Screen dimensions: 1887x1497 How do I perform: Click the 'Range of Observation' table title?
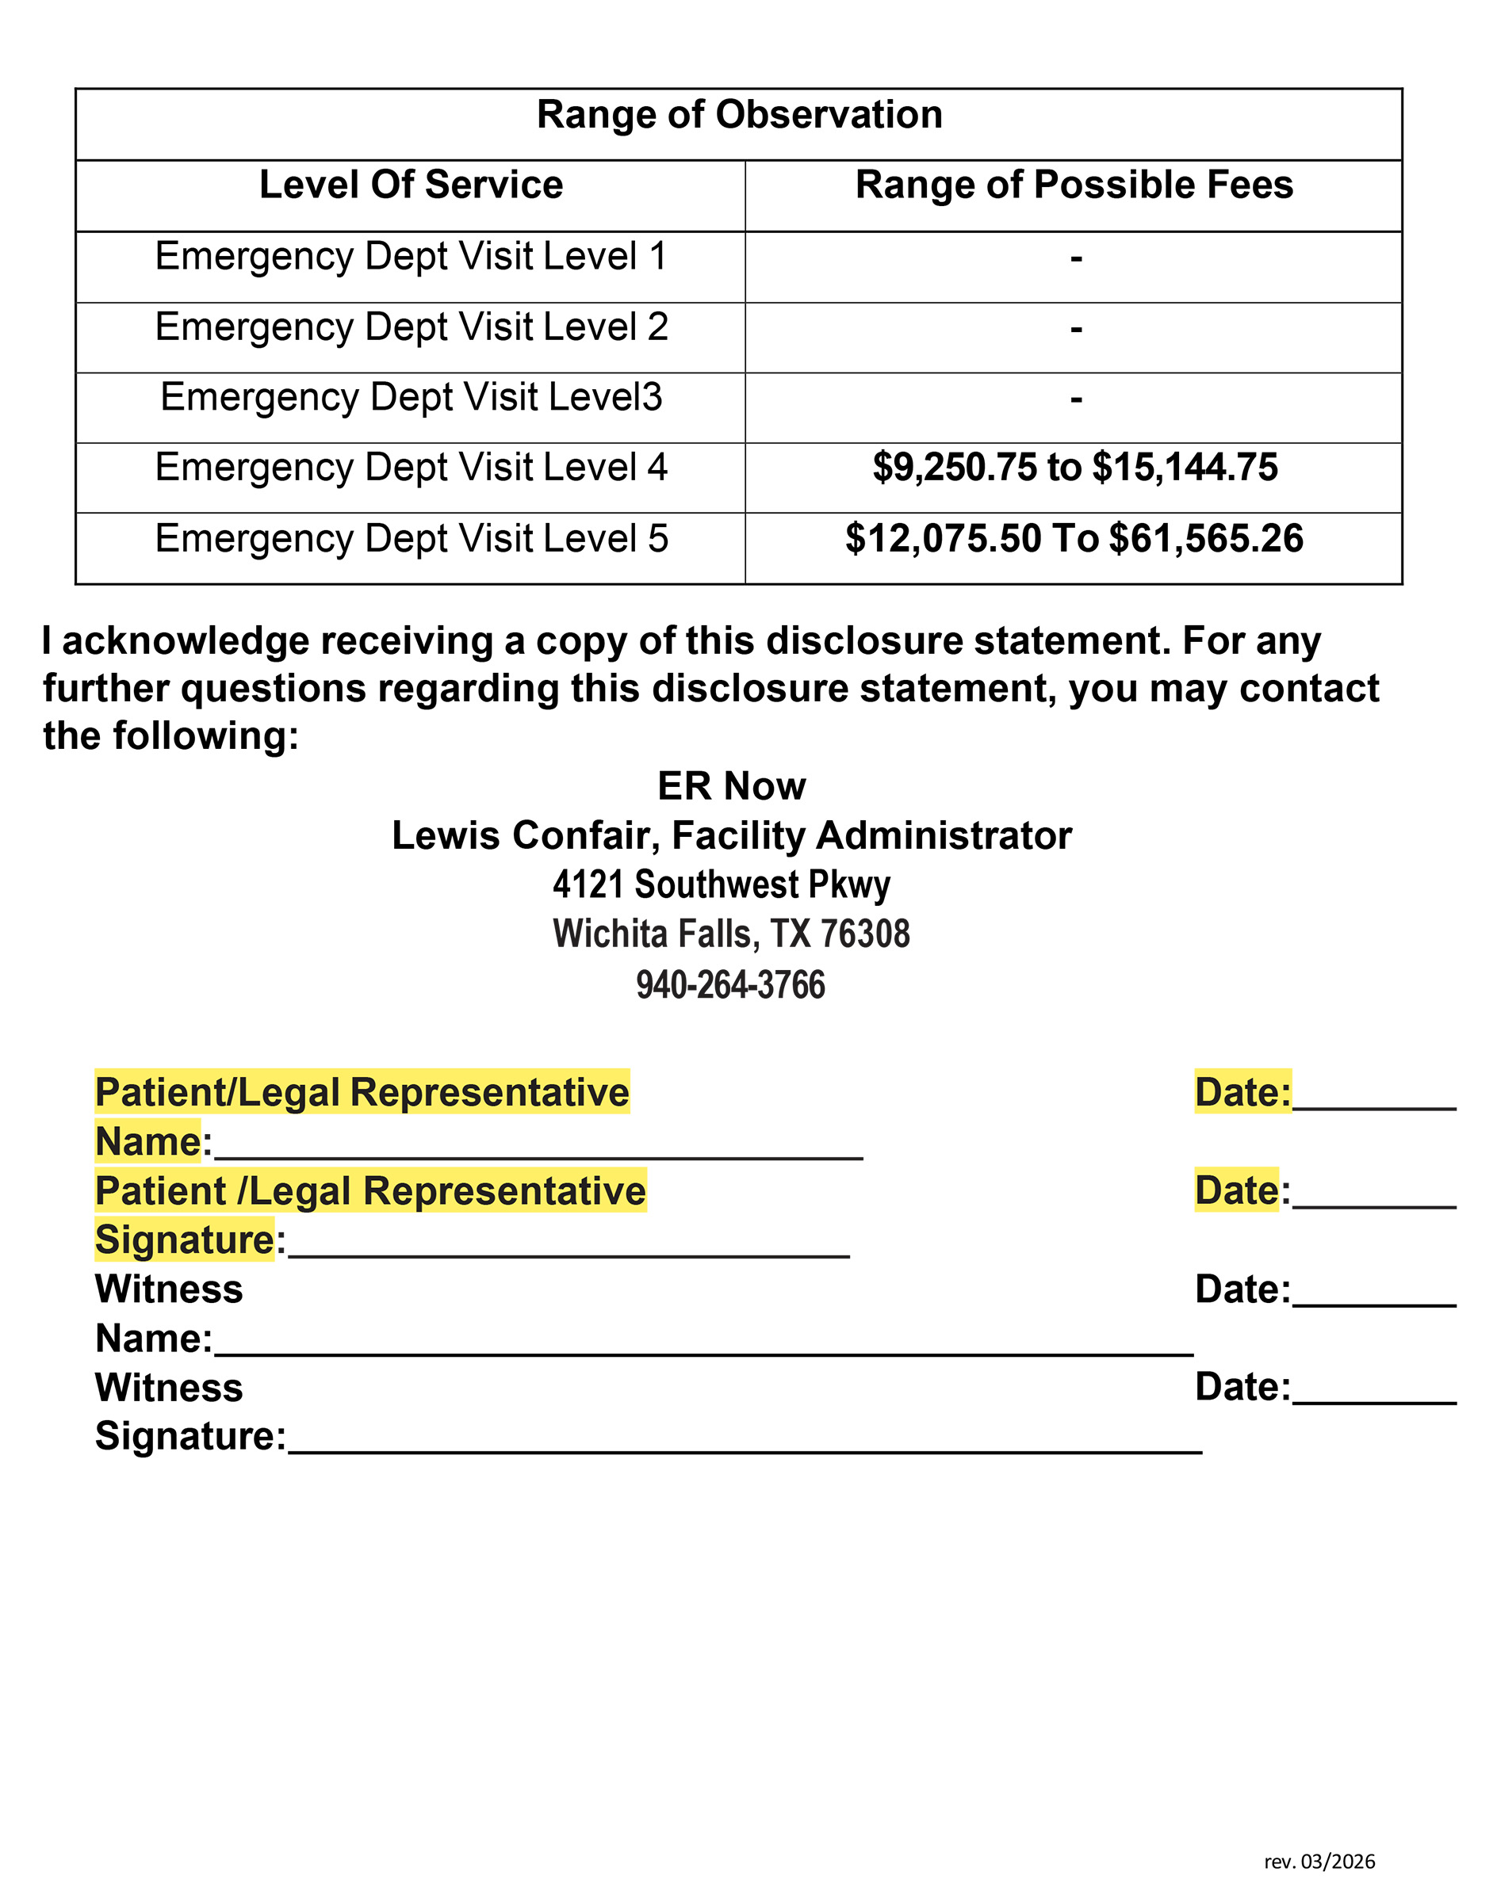coord(739,115)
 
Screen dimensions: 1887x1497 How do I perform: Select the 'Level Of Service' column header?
coord(411,185)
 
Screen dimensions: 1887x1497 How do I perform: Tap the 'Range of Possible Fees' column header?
coord(1074,185)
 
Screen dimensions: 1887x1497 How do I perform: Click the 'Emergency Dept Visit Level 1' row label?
coord(411,257)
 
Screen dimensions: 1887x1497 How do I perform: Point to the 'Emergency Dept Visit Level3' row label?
coord(411,397)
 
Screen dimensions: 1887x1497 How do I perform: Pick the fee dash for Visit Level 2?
coord(1076,329)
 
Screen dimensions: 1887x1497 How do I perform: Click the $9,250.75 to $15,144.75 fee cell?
coord(1074,468)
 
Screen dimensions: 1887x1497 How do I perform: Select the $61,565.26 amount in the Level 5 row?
coord(1205,538)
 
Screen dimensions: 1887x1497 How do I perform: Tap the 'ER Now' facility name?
coord(731,786)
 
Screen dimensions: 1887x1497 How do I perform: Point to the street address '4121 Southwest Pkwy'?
coord(722,885)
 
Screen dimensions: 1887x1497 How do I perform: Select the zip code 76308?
coord(864,934)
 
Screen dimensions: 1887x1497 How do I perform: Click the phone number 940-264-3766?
coord(730,984)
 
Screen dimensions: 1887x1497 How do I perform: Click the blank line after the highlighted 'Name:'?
coord(538,1154)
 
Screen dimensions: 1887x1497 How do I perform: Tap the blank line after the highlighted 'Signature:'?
coord(569,1252)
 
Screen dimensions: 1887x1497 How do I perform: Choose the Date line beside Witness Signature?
coord(1373,1399)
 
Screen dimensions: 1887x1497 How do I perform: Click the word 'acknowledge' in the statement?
coord(185,641)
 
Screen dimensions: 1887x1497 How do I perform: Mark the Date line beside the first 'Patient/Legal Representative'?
coord(1373,1105)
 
